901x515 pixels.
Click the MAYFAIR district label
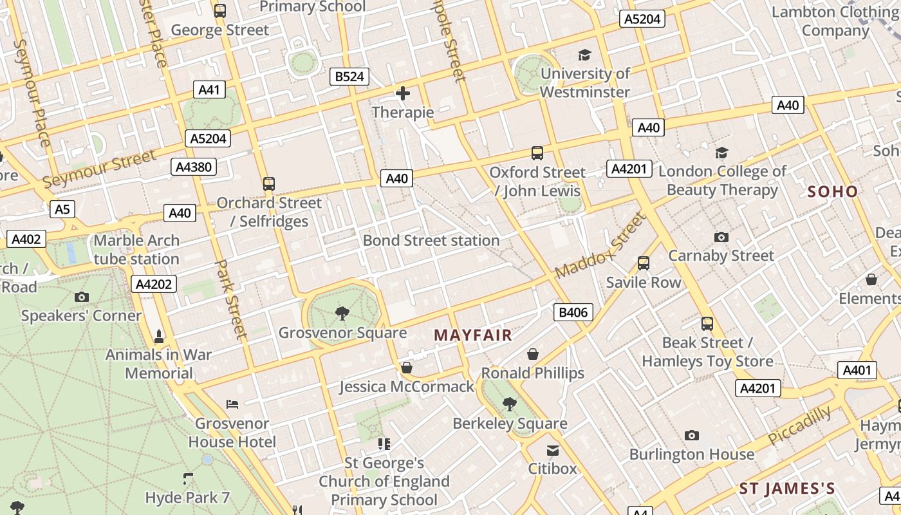click(473, 335)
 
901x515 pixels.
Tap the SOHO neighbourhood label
click(833, 191)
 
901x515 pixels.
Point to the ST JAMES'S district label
click(787, 489)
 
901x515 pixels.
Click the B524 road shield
click(349, 77)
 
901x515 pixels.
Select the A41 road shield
click(210, 89)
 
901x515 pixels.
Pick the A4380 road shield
click(194, 167)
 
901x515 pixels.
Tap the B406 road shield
click(573, 313)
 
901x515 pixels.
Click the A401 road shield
click(857, 370)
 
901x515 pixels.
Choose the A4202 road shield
click(154, 284)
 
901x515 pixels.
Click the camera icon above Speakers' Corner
click(82, 297)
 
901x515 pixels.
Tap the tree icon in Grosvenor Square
click(342, 314)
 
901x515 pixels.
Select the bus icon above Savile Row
click(643, 263)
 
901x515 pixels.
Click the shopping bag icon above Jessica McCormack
click(407, 368)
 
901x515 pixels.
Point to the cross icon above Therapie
click(403, 94)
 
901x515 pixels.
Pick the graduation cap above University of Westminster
click(584, 55)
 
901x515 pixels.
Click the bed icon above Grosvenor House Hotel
click(233, 404)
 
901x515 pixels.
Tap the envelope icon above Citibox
click(553, 450)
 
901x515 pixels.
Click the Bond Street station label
click(431, 241)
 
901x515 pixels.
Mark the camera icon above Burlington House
click(692, 436)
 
